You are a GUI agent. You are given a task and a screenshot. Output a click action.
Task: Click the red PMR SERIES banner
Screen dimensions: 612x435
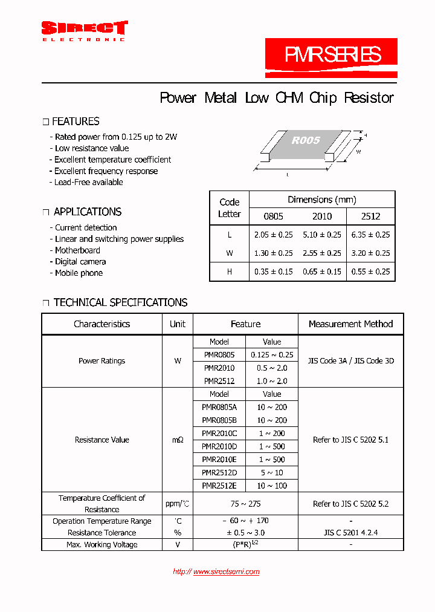[332, 56]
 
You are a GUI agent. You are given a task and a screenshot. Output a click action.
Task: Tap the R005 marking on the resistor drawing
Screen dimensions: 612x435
[306, 140]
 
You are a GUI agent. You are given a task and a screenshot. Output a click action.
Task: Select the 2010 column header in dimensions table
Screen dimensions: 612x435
[322, 216]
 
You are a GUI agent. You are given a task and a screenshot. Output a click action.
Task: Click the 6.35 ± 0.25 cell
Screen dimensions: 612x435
[370, 235]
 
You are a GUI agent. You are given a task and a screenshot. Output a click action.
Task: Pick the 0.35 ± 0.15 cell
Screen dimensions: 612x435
[273, 272]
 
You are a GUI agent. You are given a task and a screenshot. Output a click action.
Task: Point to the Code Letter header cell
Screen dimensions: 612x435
[230, 208]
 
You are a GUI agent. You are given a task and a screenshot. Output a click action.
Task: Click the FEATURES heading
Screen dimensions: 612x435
[76, 122]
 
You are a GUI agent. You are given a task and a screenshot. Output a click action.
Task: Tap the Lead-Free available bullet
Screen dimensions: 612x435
[89, 182]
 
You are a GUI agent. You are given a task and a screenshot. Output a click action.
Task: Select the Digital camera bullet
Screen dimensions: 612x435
[80, 262]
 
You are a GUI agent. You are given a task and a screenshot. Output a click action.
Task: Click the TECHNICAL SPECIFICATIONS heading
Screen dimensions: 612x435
[120, 302]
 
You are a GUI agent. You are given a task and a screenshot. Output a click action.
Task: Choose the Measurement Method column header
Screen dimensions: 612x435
[350, 324]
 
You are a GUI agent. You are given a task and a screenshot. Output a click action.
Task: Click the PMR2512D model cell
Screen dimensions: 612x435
[219, 472]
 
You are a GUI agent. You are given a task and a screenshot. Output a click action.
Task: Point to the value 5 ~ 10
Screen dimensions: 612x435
[272, 472]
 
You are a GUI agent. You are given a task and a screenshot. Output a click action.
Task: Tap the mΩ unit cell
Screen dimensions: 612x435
[178, 440]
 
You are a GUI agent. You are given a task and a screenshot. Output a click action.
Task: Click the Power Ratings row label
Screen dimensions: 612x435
[101, 361]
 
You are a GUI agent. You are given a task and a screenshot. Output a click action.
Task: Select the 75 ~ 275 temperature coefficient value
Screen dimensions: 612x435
[246, 504]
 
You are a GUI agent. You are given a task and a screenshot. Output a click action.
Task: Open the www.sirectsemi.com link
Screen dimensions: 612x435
[226, 571]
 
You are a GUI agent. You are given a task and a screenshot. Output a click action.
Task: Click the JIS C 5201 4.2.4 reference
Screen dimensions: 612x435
[350, 533]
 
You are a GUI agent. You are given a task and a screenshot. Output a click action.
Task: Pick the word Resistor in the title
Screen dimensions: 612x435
[369, 98]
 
